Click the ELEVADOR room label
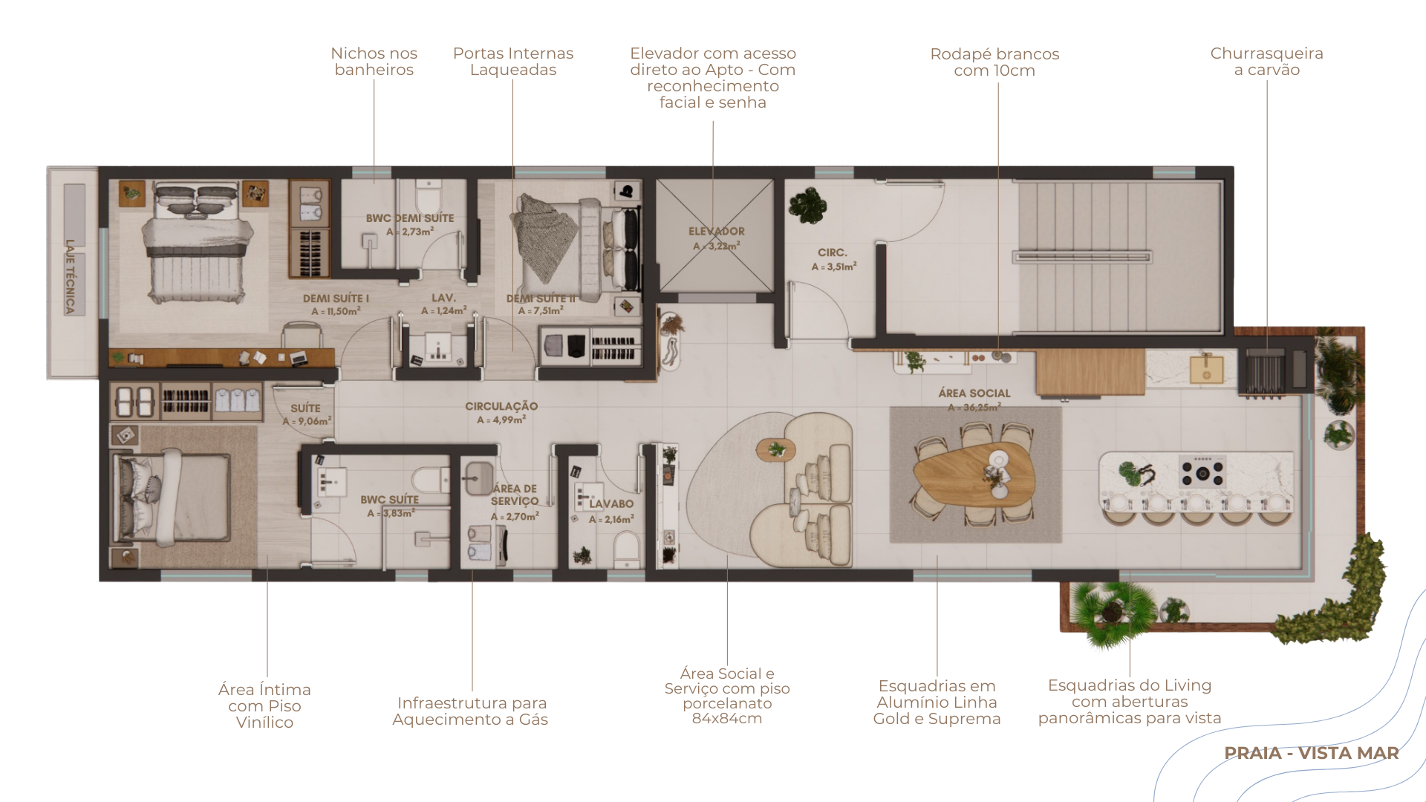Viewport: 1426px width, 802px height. [717, 232]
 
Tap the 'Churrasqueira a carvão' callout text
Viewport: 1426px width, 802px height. [1267, 62]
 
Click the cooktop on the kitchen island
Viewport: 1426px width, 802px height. [1202, 472]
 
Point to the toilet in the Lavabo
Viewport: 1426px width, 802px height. [628, 550]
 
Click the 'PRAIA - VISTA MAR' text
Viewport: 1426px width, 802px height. [1312, 753]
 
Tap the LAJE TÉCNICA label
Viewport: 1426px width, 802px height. [71, 276]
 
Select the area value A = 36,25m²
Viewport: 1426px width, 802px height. [974, 408]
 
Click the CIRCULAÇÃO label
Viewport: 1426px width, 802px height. [501, 406]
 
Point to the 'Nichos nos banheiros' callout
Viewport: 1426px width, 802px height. [374, 62]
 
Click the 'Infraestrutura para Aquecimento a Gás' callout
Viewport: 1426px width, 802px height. [471, 711]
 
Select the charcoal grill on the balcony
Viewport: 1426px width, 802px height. [1266, 371]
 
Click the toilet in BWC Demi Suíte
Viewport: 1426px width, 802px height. [429, 195]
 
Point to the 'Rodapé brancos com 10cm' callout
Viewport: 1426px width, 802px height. [995, 62]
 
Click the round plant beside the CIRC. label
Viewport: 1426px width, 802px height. [807, 204]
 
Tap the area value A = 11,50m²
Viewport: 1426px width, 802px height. [336, 312]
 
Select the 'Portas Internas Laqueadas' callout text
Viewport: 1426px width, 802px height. [513, 62]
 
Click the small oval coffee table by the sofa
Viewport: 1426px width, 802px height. [776, 449]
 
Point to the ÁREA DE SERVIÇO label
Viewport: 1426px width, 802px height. [515, 495]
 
